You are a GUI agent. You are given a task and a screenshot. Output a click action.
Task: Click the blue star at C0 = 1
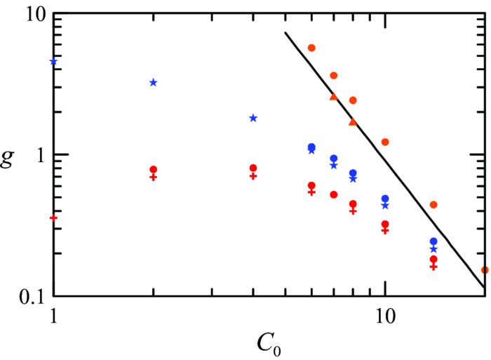point(54,62)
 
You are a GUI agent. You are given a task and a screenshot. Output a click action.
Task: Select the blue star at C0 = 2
point(153,83)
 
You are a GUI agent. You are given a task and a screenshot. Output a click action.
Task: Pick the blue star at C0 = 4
point(253,118)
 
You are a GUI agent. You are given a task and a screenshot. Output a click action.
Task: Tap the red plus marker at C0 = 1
point(54,218)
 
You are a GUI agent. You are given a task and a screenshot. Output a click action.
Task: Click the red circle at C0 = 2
point(153,170)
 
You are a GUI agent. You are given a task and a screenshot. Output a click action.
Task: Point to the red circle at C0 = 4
point(253,168)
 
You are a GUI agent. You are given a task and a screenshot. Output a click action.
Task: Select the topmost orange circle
point(311,48)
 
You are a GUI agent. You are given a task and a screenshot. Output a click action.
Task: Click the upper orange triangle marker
point(334,97)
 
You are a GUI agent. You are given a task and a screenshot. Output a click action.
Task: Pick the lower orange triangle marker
point(353,122)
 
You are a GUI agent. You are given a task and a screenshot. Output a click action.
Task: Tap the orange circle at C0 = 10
point(384,142)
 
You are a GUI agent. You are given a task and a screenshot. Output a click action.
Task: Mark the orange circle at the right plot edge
point(484,270)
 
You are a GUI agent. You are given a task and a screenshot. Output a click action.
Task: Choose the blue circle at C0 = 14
point(433,241)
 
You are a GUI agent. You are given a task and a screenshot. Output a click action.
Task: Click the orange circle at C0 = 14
point(433,205)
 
